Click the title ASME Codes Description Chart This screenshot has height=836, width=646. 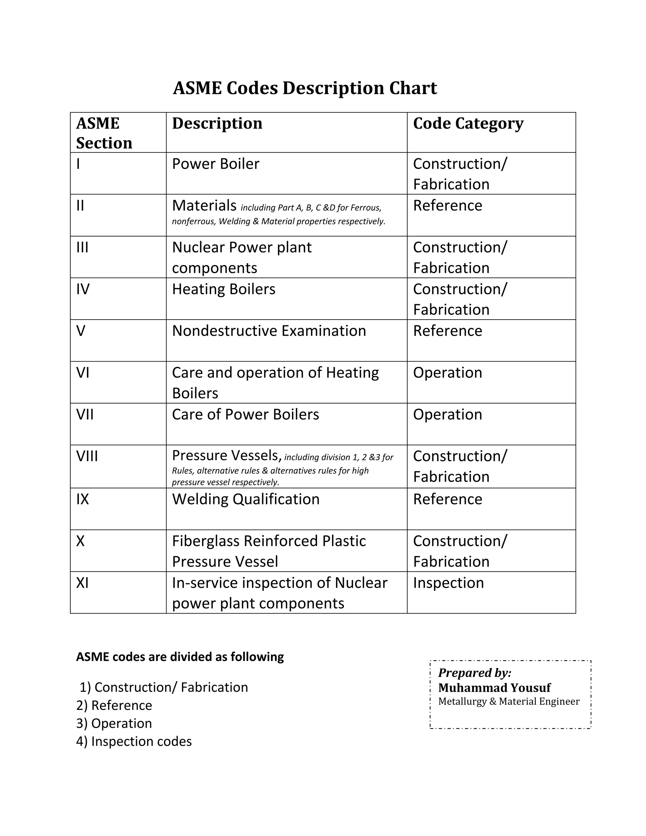(305, 88)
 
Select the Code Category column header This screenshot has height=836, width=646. (468, 123)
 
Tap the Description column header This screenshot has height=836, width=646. (217, 123)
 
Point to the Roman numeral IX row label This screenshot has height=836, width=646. (82, 499)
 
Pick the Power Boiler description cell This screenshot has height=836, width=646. (215, 164)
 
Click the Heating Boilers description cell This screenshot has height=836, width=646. (224, 289)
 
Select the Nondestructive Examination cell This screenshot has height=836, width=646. (269, 331)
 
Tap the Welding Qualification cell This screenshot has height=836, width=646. (245, 499)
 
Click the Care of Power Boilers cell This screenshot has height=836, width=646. (245, 415)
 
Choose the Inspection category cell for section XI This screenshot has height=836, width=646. (448, 583)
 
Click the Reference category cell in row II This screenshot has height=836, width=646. (447, 206)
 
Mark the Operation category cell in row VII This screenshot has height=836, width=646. (447, 415)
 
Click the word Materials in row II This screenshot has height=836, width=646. (204, 206)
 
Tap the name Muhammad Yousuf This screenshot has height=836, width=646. (494, 688)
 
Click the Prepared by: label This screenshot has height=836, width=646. (474, 673)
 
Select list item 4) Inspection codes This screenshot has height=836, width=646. (134, 741)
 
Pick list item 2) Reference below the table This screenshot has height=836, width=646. (114, 705)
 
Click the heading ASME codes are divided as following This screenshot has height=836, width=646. (180, 657)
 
